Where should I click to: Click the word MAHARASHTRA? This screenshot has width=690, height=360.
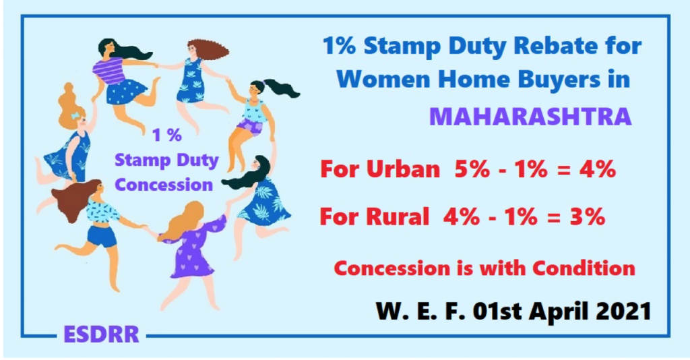coord(530,116)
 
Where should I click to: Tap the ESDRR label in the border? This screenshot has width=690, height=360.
coord(101,334)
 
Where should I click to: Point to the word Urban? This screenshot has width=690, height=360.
coord(403,169)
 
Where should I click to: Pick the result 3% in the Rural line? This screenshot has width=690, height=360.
coord(587,216)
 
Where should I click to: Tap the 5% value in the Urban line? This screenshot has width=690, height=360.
coord(472,169)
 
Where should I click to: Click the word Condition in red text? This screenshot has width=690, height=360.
coord(584,268)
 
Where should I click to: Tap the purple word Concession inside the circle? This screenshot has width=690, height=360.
coord(164,185)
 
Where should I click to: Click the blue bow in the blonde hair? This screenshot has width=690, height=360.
coord(75,115)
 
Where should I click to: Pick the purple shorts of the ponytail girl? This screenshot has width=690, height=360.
coord(249,126)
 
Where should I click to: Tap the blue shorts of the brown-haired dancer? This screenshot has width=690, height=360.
coord(102,236)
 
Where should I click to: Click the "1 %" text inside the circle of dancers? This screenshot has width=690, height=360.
coord(167,135)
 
